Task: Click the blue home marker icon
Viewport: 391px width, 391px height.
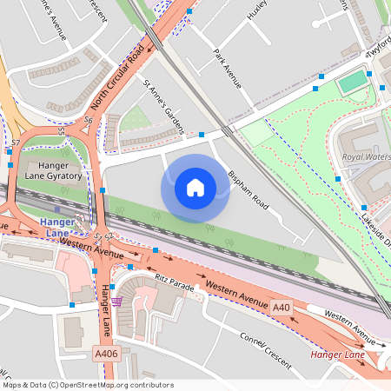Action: pos(195,187)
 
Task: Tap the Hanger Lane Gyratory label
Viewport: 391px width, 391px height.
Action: pos(54,170)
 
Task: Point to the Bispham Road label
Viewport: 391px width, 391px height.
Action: pos(249,189)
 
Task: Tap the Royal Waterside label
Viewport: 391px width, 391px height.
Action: pos(366,157)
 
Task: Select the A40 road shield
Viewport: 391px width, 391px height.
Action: pos(281,308)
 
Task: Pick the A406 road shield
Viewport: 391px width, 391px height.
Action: pos(106,354)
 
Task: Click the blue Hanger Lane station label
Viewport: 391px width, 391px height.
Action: pos(55,228)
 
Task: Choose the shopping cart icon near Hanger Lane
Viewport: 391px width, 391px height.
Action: pos(117,301)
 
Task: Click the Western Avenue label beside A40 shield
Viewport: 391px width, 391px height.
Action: pos(236,293)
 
